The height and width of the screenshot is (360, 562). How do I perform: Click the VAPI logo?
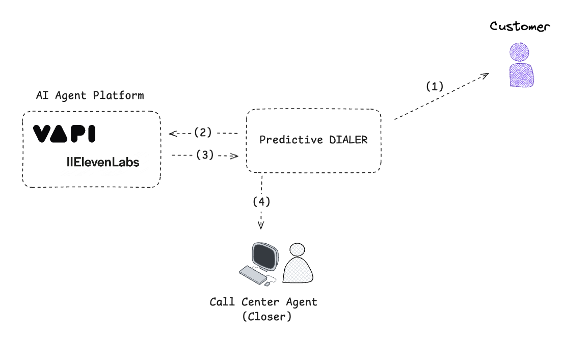(64, 134)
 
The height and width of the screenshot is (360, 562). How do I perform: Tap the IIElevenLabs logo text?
(103, 163)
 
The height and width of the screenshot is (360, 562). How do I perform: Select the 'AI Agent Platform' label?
(90, 95)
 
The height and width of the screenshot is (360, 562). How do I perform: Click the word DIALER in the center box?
(348, 140)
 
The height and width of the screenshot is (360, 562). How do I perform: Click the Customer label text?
(520, 27)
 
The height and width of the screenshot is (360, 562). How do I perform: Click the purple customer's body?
(521, 75)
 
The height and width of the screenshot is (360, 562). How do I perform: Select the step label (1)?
(435, 86)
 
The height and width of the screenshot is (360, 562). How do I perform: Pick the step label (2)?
(203, 133)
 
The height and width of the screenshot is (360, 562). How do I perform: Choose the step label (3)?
(205, 155)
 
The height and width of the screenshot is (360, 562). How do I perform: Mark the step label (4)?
(261, 201)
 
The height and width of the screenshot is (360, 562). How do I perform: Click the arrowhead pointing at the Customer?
(485, 75)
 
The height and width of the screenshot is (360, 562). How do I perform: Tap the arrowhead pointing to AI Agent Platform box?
(172, 134)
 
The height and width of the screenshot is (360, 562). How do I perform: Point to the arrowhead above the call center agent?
(261, 225)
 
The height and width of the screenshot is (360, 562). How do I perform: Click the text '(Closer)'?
(267, 316)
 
